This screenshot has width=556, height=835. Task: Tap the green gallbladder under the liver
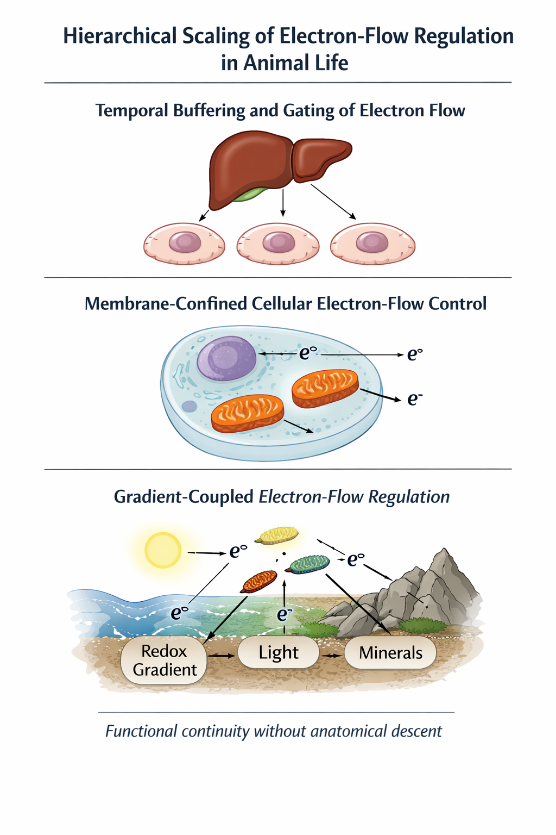(250, 194)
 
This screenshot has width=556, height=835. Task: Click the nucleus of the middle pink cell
(279, 242)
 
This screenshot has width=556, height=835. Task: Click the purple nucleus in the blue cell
(226, 358)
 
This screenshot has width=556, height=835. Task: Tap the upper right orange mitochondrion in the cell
(325, 388)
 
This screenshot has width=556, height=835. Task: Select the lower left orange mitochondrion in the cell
(247, 413)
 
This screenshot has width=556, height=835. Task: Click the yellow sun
(163, 550)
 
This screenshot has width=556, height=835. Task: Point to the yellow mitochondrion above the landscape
(277, 535)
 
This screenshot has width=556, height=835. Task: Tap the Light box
(278, 652)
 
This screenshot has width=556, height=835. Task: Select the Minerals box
(390, 652)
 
